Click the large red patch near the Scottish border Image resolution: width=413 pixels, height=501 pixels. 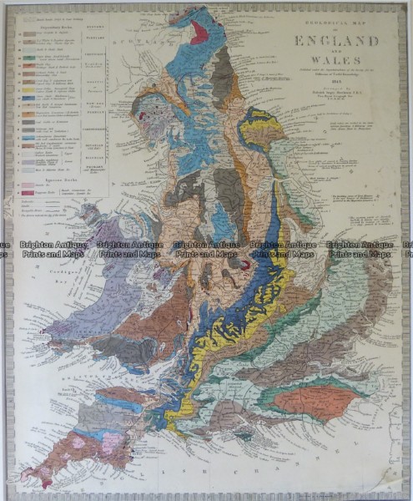tap(199, 33)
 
